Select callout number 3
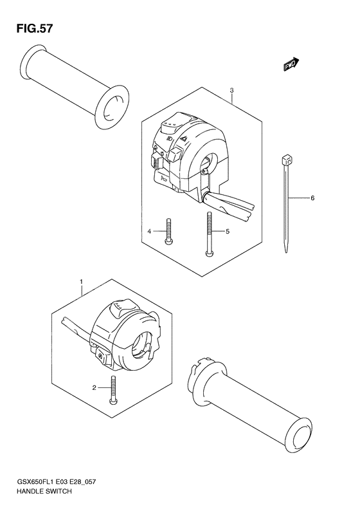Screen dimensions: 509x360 coord(231,91)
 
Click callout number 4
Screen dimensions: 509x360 coord(148,231)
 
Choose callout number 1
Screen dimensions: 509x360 coord(81,282)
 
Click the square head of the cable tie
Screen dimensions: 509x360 coord(285,158)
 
